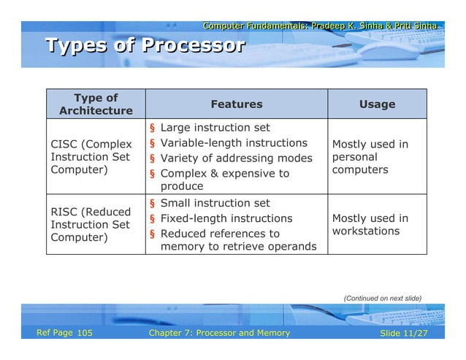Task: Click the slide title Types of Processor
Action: pos(145,46)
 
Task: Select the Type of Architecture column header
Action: pos(96,104)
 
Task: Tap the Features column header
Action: pos(236,104)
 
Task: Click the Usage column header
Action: pos(377,104)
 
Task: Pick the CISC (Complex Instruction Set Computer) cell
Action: pos(91,157)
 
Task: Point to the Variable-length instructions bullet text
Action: pos(233,143)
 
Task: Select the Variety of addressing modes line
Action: pos(236,158)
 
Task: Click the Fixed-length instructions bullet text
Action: pos(226,218)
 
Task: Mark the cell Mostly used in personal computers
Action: pos(370,157)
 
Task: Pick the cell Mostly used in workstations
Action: pos(370,225)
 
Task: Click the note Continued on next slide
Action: pos(382,298)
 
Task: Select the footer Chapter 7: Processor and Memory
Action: pos(219,333)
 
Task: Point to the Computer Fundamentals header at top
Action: pos(320,26)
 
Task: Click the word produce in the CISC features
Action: pos(181,187)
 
